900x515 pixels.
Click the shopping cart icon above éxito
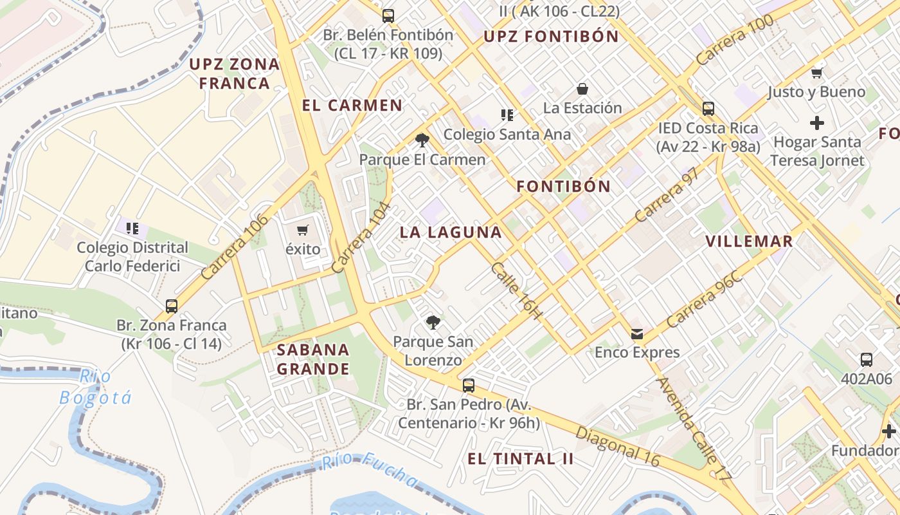[303, 230]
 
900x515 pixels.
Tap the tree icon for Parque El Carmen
[422, 140]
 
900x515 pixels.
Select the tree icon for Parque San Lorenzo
[433, 322]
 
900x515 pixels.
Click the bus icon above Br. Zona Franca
[172, 306]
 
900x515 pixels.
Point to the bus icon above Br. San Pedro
[469, 385]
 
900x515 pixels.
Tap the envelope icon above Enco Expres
[637, 333]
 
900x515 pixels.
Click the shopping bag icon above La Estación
[582, 88]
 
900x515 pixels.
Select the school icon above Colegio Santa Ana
[507, 115]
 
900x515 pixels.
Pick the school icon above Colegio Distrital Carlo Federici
[132, 228]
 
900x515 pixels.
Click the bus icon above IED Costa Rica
[708, 109]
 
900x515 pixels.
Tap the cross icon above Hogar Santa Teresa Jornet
[817, 122]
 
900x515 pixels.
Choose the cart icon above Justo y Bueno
[816, 73]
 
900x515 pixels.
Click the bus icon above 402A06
[866, 359]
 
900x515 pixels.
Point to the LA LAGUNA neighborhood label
[451, 232]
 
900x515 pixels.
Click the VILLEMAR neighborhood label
[749, 241]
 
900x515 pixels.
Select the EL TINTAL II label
[520, 459]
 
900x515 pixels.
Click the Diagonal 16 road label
[618, 446]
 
